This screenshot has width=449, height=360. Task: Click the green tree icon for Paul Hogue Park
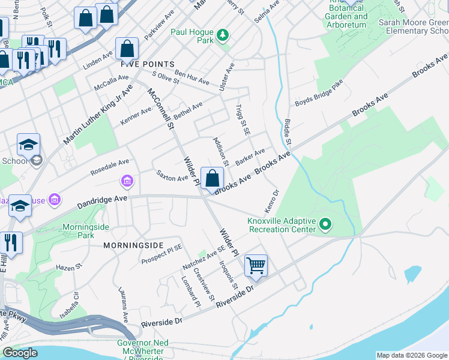tap(223, 35)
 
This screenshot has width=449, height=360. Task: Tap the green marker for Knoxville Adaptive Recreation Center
tap(325, 225)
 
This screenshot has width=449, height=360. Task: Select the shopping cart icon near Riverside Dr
tap(256, 265)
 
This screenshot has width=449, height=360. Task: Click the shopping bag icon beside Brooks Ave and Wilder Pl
tap(212, 178)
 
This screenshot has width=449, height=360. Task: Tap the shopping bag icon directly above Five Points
tap(127, 48)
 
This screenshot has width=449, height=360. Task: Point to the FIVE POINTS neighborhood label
tap(148, 64)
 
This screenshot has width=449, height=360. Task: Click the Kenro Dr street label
tap(272, 201)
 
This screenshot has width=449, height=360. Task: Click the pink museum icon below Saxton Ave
tap(127, 181)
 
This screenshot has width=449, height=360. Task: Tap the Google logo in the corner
tap(20, 353)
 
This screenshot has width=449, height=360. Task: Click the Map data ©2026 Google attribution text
tap(411, 355)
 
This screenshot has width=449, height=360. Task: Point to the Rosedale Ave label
tap(110, 163)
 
